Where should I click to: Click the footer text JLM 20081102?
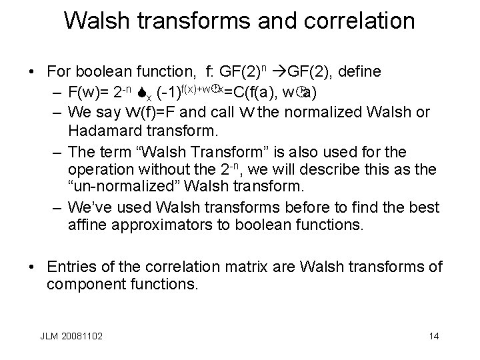71,336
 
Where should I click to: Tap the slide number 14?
434,336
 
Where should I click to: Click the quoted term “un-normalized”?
124,189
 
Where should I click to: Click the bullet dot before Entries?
32,267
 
